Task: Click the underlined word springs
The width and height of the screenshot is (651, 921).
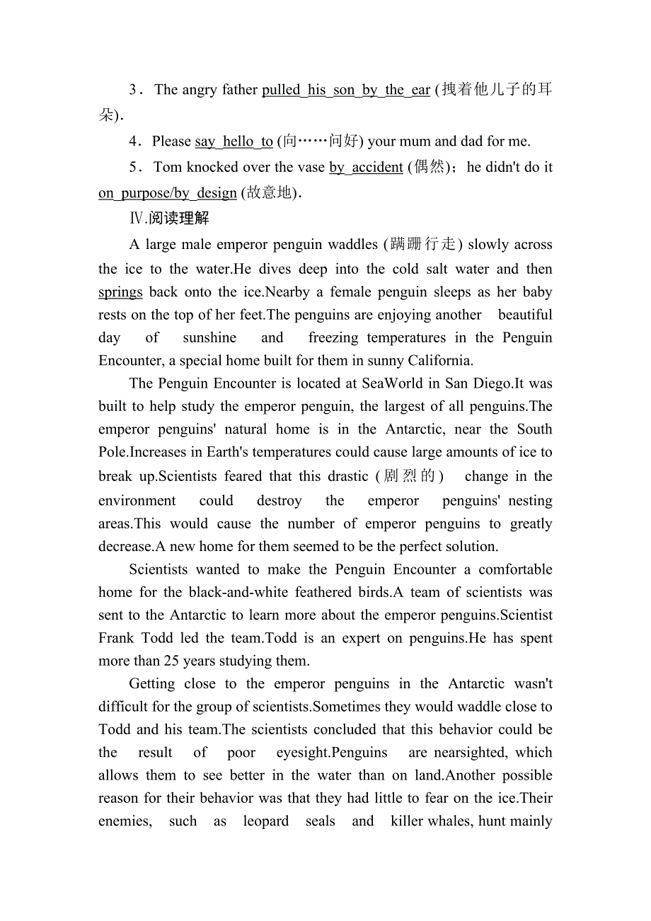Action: click(x=120, y=292)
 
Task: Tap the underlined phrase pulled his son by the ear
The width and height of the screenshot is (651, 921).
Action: click(x=346, y=90)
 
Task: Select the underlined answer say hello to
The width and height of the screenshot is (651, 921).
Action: click(x=234, y=141)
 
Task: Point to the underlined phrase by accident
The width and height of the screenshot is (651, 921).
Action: click(x=366, y=168)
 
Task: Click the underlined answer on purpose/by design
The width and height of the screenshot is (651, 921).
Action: click(x=168, y=193)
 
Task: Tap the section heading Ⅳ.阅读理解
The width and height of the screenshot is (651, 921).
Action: click(x=169, y=218)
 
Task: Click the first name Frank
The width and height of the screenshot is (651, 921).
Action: click(x=117, y=638)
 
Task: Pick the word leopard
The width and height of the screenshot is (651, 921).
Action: click(x=265, y=821)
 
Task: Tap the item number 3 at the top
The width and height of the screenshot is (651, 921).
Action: click(x=133, y=90)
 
